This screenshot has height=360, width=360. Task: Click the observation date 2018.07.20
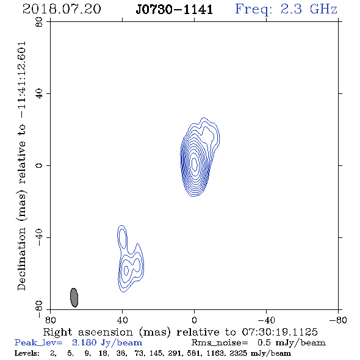tap(62, 9)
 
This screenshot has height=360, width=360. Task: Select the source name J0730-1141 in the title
tap(175, 10)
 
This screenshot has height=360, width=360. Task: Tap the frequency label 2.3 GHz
tap(309, 9)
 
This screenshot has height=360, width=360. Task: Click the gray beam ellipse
tap(74, 297)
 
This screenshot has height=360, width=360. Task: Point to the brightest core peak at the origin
tap(194, 164)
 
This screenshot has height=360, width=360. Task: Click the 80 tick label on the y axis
tap(39, 22)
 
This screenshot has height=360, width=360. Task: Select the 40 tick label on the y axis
tap(39, 94)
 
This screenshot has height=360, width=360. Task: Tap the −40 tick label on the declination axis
tap(39, 237)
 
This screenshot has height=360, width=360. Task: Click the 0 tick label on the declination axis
tap(39, 165)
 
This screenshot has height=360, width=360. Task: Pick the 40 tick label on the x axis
tap(122, 320)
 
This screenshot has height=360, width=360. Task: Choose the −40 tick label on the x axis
tap(266, 320)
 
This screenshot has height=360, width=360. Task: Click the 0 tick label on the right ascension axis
tap(194, 320)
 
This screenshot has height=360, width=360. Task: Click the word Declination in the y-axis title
tap(21, 259)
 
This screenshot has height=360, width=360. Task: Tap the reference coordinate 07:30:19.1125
tap(280, 332)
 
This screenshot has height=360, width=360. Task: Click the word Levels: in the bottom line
tap(27, 353)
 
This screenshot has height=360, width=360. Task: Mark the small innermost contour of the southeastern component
tap(126, 270)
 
